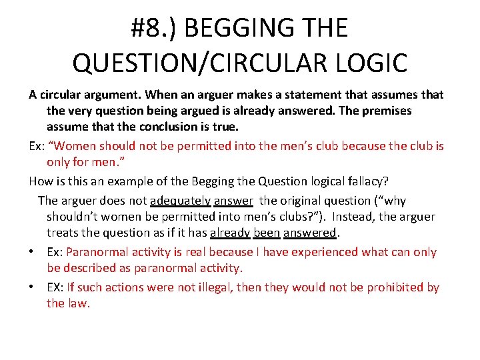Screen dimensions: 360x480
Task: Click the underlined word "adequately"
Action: click(181, 201)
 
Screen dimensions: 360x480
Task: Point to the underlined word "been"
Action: click(267, 233)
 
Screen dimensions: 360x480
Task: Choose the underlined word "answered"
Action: click(310, 233)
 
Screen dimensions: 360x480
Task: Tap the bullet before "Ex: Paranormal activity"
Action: click(32, 253)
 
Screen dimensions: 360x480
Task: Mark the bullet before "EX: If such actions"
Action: click(32, 288)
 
